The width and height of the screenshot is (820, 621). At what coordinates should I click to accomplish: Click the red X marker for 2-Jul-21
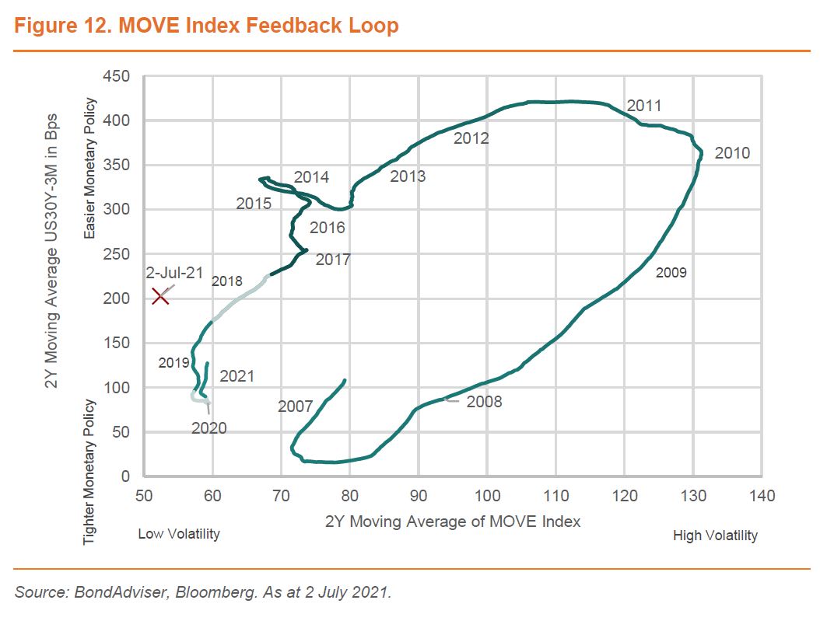(x=160, y=295)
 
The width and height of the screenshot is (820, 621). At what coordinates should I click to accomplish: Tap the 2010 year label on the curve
(x=731, y=153)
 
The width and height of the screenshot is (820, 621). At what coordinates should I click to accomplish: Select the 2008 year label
(x=484, y=402)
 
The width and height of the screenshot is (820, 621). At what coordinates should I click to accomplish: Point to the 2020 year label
(x=209, y=428)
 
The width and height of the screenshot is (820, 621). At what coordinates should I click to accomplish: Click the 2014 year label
(x=311, y=177)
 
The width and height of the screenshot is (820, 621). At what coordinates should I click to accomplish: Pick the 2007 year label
(x=295, y=406)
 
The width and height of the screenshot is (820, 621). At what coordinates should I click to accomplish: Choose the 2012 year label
(x=471, y=139)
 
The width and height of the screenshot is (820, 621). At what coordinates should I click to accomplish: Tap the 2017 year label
(x=333, y=260)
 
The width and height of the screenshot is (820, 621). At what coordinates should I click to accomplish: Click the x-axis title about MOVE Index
(x=453, y=522)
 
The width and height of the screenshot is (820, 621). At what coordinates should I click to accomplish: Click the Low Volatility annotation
(x=179, y=534)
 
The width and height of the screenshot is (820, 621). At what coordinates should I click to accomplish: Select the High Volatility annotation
(x=715, y=536)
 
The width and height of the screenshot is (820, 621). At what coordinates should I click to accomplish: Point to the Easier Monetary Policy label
(x=90, y=169)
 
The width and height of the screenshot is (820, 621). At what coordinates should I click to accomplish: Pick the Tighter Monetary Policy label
(x=90, y=471)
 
